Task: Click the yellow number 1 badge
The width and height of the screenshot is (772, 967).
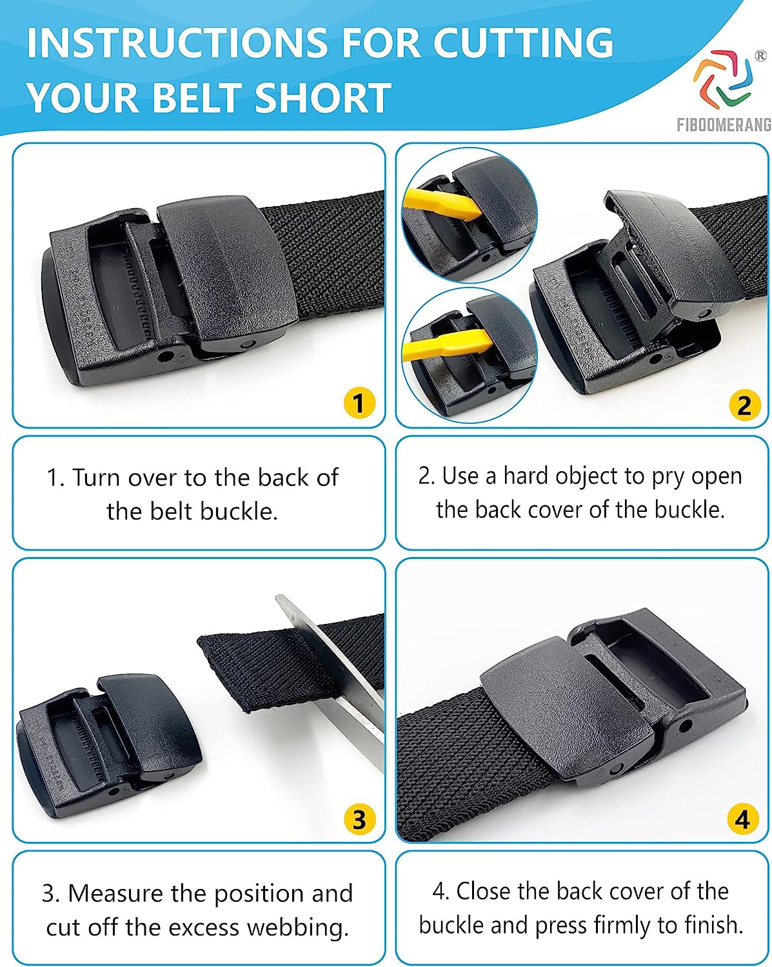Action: pos(359,404)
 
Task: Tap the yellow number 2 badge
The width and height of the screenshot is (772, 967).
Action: pos(743,405)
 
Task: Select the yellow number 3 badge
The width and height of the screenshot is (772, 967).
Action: pos(359,819)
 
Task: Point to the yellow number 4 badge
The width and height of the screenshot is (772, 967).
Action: pos(742,819)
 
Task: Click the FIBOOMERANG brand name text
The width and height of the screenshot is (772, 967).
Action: pos(724,125)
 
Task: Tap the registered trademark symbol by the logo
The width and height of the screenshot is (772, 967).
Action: pos(760,56)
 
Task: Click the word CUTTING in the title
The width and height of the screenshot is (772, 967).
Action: pos(523,43)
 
